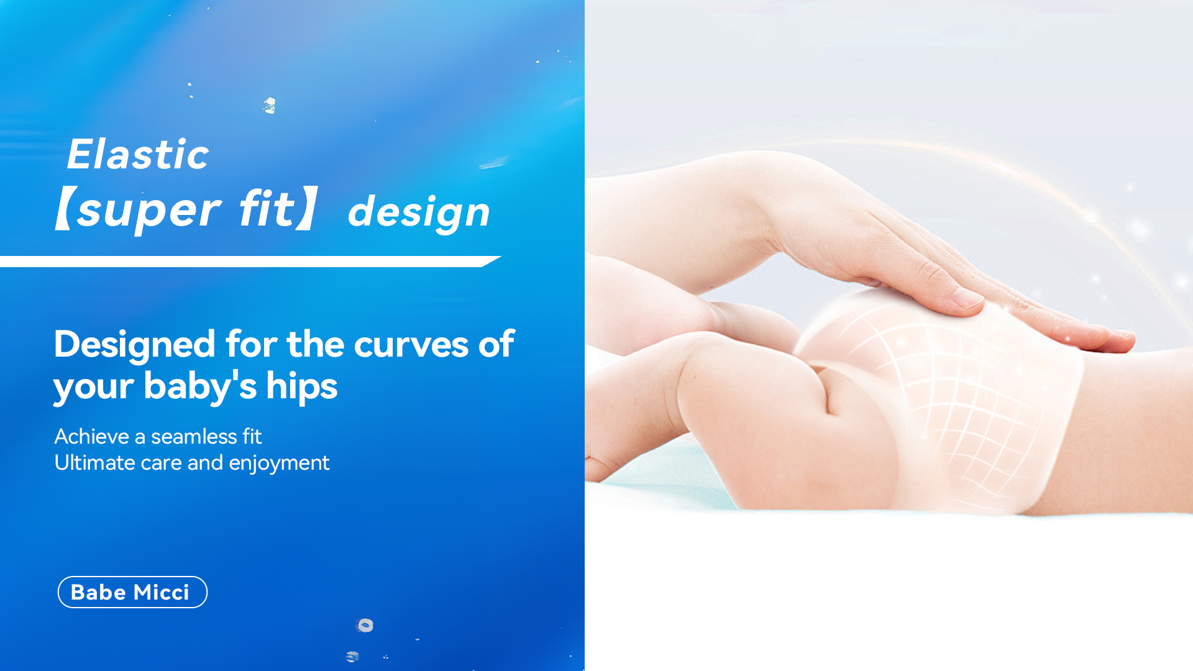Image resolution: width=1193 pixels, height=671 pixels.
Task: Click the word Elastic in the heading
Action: (x=138, y=154)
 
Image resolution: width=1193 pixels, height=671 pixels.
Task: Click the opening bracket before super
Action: (x=65, y=209)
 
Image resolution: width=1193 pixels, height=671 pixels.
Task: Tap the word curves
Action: (x=411, y=345)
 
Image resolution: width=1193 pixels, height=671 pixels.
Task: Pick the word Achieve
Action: (x=92, y=436)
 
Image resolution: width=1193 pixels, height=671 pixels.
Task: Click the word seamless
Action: (x=194, y=436)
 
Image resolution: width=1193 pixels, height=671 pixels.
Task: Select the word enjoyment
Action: (x=279, y=463)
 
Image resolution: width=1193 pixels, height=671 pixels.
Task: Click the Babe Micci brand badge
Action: (x=132, y=592)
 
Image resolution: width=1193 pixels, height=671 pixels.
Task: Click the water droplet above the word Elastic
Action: (x=270, y=106)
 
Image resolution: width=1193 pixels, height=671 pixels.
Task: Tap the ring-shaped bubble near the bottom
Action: (x=365, y=625)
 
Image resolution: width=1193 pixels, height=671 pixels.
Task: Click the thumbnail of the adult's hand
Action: (x=965, y=299)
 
